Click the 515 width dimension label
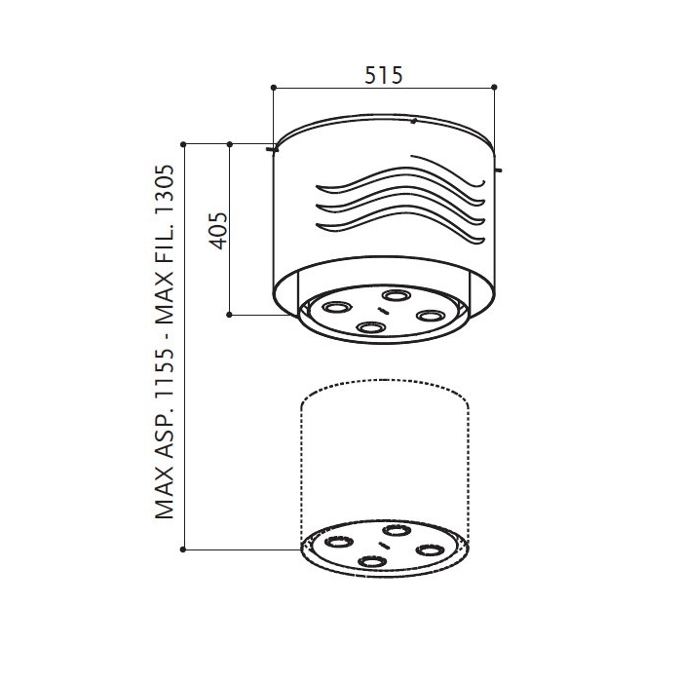[384, 75]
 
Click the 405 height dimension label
[219, 231]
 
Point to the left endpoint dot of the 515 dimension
[274, 88]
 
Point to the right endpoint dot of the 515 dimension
[494, 88]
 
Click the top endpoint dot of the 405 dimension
[230, 144]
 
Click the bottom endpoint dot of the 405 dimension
[230, 315]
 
